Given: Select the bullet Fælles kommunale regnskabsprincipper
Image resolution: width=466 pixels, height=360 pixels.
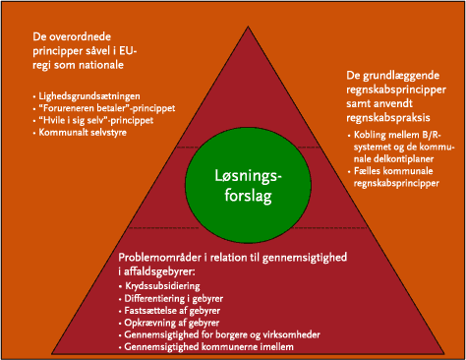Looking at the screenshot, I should [x=405, y=176].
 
